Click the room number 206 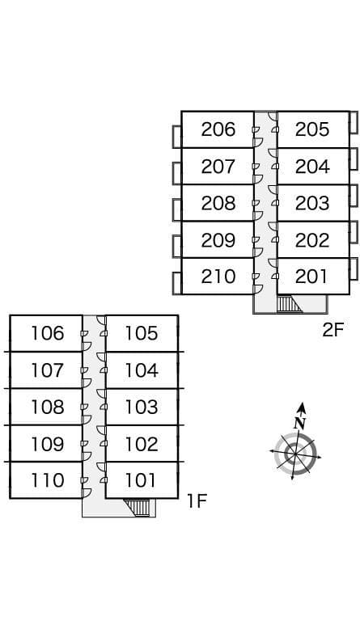point(218,129)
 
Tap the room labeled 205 point(312,129)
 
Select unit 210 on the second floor point(218,277)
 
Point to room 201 point(311,277)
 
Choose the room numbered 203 point(312,203)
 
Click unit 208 point(218,203)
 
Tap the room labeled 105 point(142,333)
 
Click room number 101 point(141,480)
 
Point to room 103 point(142,407)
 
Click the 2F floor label point(333,330)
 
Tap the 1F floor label point(197,501)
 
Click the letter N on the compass point(300,424)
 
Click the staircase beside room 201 point(289,304)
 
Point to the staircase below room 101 point(137,508)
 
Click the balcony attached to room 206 point(177,137)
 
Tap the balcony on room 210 point(177,284)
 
